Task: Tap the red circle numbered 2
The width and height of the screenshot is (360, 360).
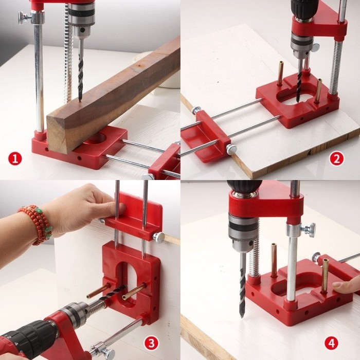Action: (x=336, y=158)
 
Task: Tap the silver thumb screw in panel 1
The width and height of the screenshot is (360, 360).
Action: (x=25, y=18)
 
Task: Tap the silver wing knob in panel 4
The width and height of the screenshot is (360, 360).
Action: (x=310, y=229)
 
